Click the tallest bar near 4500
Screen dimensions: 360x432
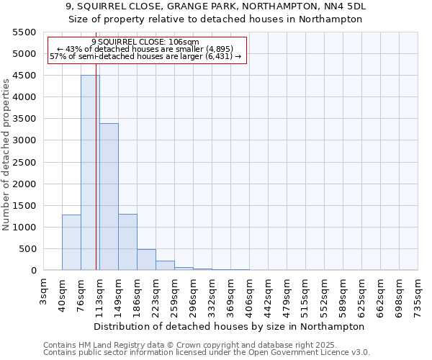point(90,173)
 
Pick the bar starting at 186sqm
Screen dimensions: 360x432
point(146,260)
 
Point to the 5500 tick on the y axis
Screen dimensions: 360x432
point(24,32)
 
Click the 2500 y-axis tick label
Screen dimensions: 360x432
point(24,163)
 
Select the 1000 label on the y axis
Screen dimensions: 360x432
point(24,228)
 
